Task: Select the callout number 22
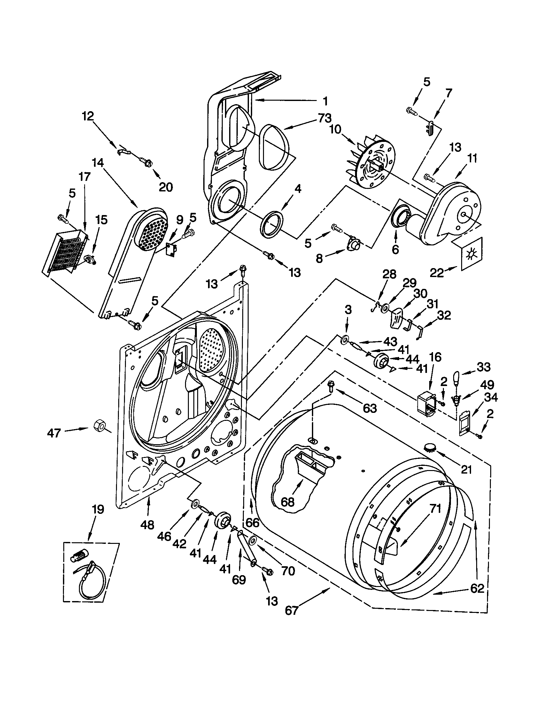437,273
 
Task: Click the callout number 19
98,509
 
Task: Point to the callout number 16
435,357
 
